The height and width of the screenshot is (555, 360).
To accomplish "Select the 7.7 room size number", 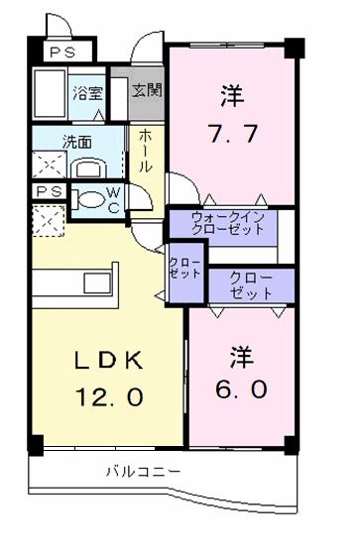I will (231, 133).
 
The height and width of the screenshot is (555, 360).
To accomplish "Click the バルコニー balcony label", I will (144, 472).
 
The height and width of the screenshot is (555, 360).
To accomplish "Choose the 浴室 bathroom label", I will (87, 94).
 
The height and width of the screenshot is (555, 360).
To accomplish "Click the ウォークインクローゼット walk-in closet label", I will (228, 222).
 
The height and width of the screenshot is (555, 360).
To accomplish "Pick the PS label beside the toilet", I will (46, 190).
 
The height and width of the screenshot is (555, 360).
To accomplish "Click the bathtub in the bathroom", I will (49, 94).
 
